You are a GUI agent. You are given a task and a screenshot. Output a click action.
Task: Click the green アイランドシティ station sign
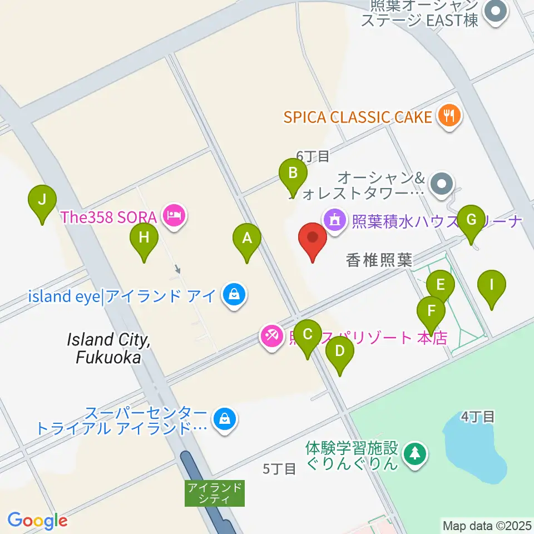click(215, 493)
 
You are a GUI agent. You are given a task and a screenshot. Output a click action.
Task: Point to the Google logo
click(37, 521)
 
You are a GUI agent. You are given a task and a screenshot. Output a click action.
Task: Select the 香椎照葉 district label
click(379, 260)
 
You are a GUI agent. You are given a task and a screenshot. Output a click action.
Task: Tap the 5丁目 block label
click(279, 469)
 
